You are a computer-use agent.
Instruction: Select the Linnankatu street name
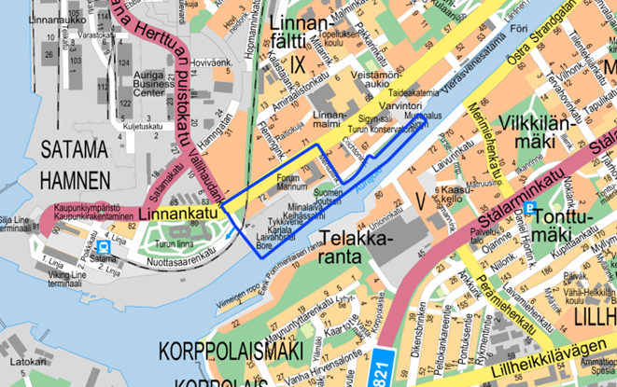coord(176,214)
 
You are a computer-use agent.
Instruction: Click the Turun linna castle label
coord(173,243)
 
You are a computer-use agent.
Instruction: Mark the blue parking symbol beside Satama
coord(104,246)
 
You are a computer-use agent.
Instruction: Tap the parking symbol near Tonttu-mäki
coord(530,209)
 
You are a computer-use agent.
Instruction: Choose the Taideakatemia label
coord(413,93)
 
